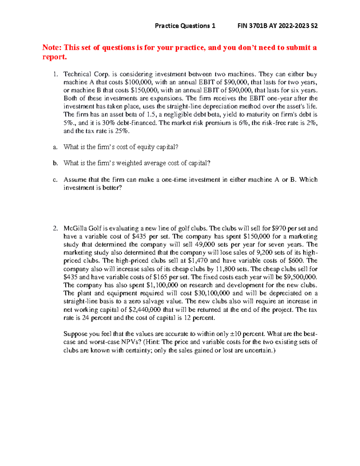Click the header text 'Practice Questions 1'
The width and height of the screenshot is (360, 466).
tap(185, 26)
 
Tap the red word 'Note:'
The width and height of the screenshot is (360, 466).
tap(52, 47)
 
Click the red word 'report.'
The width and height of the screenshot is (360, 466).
tap(54, 57)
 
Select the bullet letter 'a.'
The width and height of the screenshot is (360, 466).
tap(55, 147)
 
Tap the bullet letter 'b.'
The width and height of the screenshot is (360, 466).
tap(55, 163)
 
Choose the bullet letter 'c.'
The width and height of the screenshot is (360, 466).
tap(55, 180)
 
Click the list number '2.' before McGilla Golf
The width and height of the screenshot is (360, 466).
tap(55, 228)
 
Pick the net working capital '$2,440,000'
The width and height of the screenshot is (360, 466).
tap(145, 310)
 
